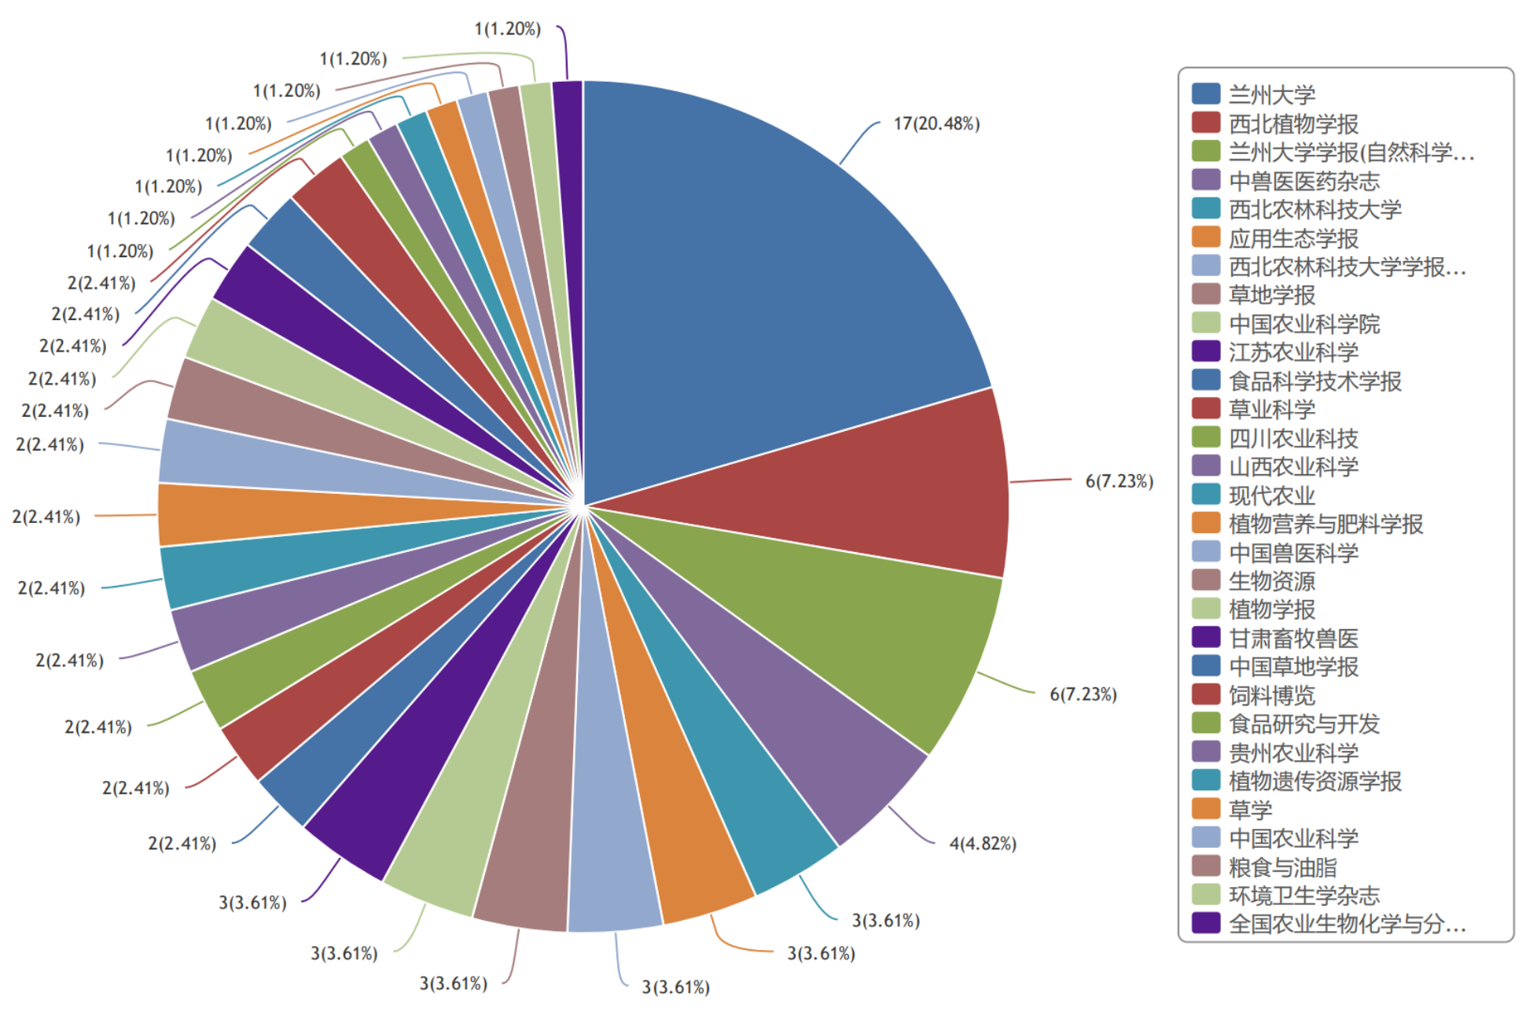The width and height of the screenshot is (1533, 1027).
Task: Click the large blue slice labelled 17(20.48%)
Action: click(x=770, y=299)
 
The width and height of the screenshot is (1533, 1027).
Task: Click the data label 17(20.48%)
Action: click(x=936, y=124)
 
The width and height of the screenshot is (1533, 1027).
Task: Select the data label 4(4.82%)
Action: click(x=983, y=844)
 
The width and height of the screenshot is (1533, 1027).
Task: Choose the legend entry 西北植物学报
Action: click(x=1293, y=123)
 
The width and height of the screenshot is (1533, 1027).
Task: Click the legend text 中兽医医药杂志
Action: click(x=1303, y=181)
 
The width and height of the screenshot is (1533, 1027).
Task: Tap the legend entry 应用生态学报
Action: click(x=1293, y=238)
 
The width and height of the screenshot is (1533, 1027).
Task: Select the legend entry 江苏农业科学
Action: click(x=1293, y=352)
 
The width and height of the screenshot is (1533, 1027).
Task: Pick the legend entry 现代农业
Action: click(x=1271, y=495)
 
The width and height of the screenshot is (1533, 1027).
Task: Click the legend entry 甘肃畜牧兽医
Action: click(x=1293, y=639)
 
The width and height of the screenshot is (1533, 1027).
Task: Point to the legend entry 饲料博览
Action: click(x=1271, y=695)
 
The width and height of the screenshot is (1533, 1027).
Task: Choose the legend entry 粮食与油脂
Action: click(x=1282, y=867)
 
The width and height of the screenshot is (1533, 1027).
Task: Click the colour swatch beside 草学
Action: click(x=1206, y=809)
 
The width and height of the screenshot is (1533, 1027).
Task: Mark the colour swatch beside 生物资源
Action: click(x=1206, y=580)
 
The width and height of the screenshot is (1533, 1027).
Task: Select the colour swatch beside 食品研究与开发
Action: click(x=1206, y=723)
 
